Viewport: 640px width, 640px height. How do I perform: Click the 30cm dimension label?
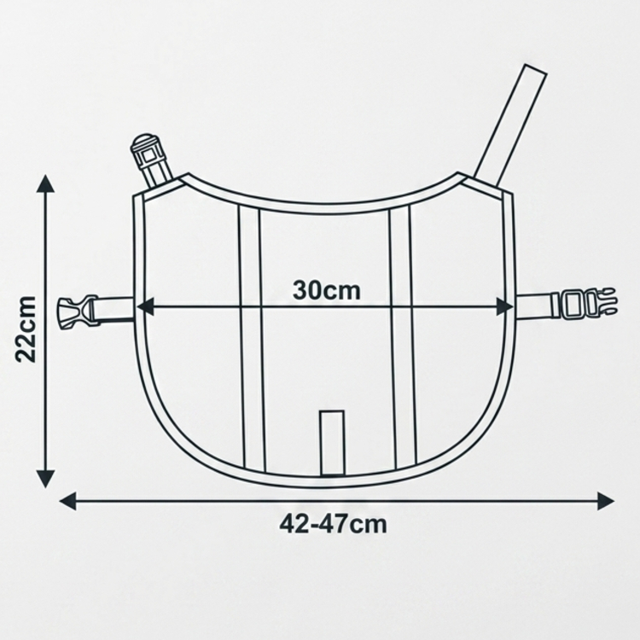tap(327, 291)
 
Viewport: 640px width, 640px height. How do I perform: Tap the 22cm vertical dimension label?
tap(26, 329)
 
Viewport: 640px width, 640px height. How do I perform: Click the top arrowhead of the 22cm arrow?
tap(46, 183)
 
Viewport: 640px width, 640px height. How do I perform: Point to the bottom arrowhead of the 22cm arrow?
tap(46, 479)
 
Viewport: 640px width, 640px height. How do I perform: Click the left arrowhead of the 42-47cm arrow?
tap(68, 501)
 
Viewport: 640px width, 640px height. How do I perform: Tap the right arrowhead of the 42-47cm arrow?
tap(605, 501)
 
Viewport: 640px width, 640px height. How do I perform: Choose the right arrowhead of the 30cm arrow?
tap(504, 306)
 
